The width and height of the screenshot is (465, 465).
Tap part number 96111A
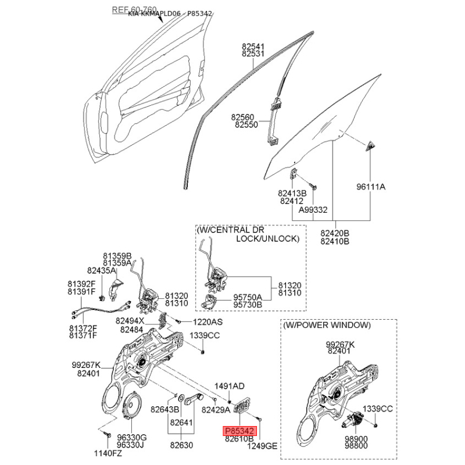coord(371,187)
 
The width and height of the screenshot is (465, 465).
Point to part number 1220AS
coord(208,321)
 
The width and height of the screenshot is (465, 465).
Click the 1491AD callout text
coord(230,386)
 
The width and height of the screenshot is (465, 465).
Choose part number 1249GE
coord(263,446)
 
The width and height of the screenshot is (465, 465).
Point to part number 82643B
coord(166,410)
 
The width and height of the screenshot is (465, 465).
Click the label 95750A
coord(248,296)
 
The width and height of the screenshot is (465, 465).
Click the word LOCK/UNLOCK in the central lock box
coord(267,239)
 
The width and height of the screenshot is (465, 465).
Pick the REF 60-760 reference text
coord(134,10)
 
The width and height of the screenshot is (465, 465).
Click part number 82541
coord(253,46)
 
